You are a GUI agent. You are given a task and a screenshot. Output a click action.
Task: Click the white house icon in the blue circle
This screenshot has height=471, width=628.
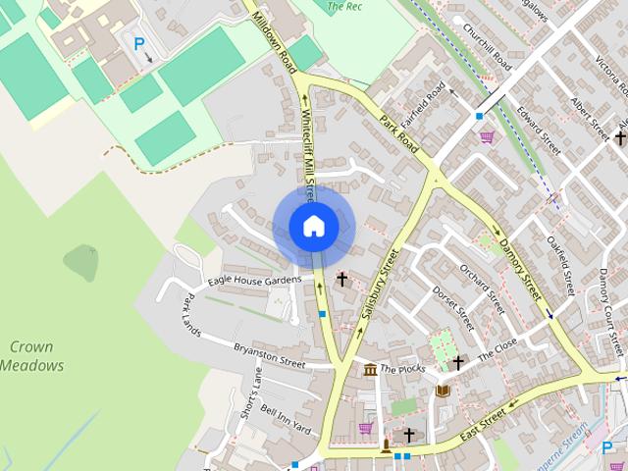point(313,226)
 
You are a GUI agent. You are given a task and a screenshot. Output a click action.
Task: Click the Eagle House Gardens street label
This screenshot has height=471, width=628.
point(254,282)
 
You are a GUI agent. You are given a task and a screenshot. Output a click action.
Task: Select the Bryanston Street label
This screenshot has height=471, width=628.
point(269,354)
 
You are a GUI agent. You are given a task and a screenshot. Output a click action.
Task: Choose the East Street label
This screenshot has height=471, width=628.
point(482,423)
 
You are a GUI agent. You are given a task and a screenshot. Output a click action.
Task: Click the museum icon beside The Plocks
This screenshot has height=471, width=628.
point(370,370)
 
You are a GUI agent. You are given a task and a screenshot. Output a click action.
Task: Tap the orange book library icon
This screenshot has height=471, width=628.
point(443,391)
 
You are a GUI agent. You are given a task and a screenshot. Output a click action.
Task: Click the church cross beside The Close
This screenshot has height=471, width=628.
point(458,363)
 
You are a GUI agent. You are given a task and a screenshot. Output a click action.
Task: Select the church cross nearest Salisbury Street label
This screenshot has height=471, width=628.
point(342,280)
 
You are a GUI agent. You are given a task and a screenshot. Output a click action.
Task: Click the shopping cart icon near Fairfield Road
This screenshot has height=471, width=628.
point(486,137)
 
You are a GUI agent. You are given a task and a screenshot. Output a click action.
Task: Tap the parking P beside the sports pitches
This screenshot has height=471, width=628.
point(139,43)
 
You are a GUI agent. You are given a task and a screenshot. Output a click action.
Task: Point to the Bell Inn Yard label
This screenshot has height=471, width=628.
point(286,421)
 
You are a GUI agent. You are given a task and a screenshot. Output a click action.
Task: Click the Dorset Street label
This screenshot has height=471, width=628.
point(453,306)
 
